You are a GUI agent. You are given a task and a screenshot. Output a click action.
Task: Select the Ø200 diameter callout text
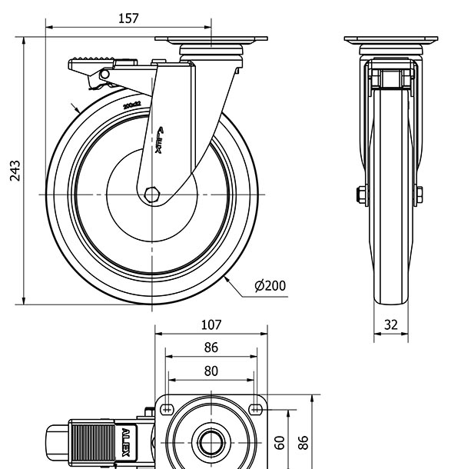coord(270,286)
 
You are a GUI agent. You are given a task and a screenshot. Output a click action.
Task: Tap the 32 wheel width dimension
coord(391,324)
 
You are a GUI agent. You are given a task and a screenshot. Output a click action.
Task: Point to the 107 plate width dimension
coord(211,324)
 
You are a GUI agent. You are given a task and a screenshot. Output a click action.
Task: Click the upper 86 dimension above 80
coord(211,348)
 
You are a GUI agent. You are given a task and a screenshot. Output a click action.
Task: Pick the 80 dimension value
coord(211,371)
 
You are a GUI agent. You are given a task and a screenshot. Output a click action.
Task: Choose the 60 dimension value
coord(280,442)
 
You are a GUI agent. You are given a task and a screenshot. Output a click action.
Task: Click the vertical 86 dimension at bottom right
coord(303,442)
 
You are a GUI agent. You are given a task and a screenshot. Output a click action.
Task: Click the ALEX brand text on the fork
coord(161,141)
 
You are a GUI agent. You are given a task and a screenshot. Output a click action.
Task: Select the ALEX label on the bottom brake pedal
coord(125,446)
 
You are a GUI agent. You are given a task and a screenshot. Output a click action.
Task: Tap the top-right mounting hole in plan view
coord(256,406)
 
